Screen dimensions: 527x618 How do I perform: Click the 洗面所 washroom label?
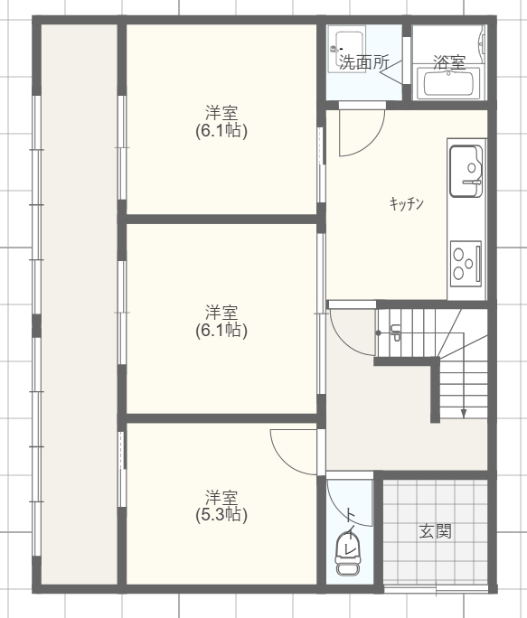tap(364, 61)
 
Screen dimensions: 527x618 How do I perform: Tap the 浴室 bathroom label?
tap(449, 61)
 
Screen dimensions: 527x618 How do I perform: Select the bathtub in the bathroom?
tap(448, 83)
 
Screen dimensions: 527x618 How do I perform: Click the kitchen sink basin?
tap(466, 172)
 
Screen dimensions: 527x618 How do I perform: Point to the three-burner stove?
tap(466, 263)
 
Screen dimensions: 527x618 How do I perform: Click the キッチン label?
tap(406, 203)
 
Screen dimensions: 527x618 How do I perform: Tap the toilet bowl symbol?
tap(347, 555)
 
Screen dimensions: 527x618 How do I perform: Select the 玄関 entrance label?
tap(435, 531)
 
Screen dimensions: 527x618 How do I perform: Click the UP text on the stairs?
tap(395, 332)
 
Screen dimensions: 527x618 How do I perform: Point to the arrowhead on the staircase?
tap(464, 414)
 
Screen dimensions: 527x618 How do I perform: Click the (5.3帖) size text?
tap(221, 515)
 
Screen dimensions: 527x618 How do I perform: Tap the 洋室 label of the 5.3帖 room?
tap(221, 498)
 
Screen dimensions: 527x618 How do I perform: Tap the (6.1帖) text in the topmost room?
tap(221, 130)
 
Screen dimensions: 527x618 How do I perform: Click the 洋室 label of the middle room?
tap(221, 312)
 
